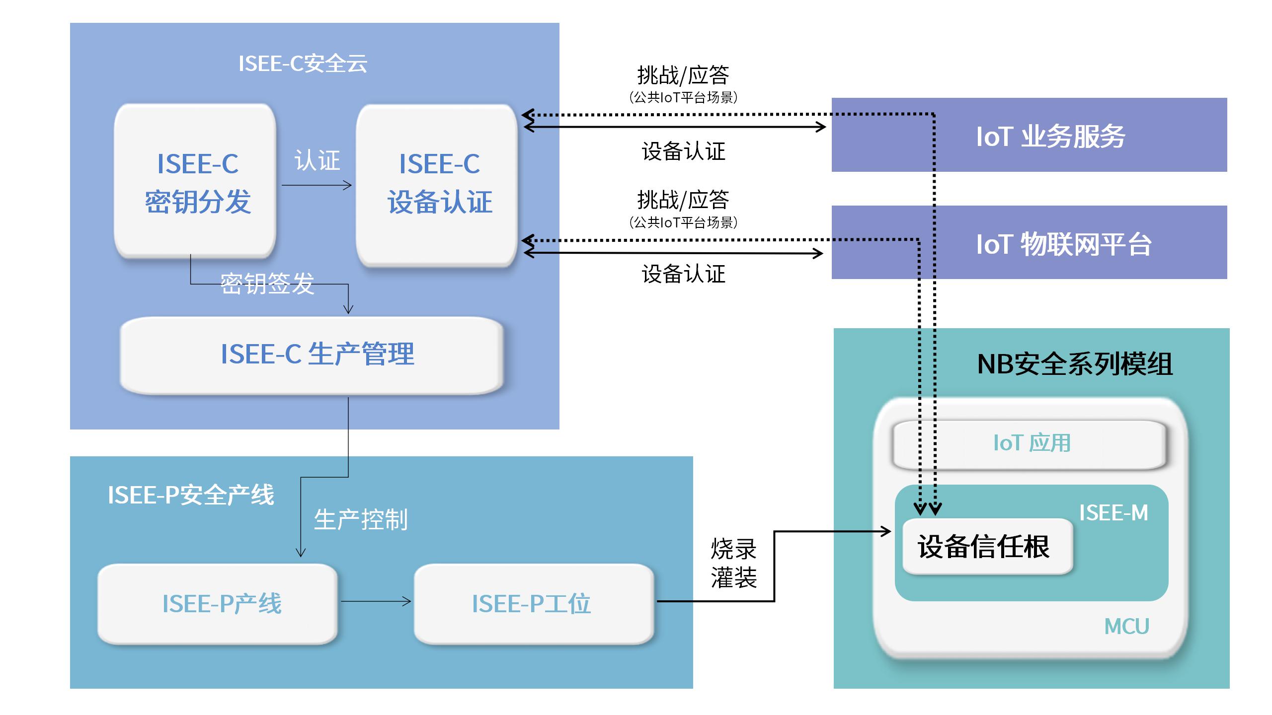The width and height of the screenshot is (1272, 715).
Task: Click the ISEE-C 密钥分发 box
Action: click(x=195, y=181)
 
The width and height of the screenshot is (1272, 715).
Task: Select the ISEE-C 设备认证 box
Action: click(x=437, y=185)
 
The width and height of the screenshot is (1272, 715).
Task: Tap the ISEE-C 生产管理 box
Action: click(x=312, y=356)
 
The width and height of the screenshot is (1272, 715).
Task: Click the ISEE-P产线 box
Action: click(x=218, y=604)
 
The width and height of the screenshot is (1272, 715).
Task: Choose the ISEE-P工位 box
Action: click(x=534, y=604)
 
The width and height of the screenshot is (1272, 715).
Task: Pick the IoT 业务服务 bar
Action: click(x=1030, y=135)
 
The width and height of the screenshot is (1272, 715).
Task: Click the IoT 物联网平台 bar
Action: click(x=1030, y=242)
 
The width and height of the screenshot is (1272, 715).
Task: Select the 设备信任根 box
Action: click(x=988, y=547)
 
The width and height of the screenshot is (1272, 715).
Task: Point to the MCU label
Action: click(x=1127, y=627)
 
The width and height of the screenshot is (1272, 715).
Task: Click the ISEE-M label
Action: click(x=1113, y=513)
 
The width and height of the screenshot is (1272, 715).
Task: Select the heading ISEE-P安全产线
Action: click(x=191, y=495)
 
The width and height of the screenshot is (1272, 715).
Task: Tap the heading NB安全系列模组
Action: click(x=1075, y=364)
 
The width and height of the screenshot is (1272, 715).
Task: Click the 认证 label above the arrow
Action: click(x=317, y=160)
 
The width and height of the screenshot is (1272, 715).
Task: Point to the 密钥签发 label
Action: click(x=267, y=284)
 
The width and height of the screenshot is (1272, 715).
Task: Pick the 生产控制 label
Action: click(x=361, y=520)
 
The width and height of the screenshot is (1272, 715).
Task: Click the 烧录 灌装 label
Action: click(x=733, y=563)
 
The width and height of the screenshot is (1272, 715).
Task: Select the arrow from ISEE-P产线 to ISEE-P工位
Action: click(x=376, y=602)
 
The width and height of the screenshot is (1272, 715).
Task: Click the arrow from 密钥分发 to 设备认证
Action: click(x=317, y=186)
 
